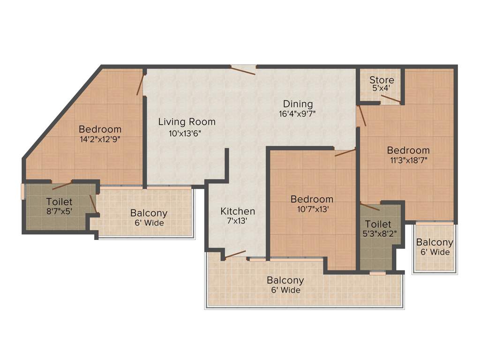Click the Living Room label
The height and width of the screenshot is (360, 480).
point(187,122)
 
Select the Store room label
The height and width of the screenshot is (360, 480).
point(382,80)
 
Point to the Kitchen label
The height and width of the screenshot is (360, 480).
point(238,211)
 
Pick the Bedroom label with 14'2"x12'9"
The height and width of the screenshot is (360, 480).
point(100,129)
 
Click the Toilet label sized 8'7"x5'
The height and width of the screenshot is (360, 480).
point(59,202)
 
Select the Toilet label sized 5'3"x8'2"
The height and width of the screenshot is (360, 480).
point(378,224)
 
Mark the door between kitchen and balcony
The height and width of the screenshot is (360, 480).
point(235,255)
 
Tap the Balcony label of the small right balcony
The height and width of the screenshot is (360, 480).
point(435,242)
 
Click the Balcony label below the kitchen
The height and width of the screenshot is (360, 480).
point(285,280)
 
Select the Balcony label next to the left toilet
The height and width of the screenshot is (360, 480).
point(149,213)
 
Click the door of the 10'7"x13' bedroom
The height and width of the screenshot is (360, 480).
point(345,152)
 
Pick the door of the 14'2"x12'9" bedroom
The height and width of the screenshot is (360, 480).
point(140,84)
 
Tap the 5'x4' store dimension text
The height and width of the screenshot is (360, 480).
point(382,88)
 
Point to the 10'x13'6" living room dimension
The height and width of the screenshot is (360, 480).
point(187,133)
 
